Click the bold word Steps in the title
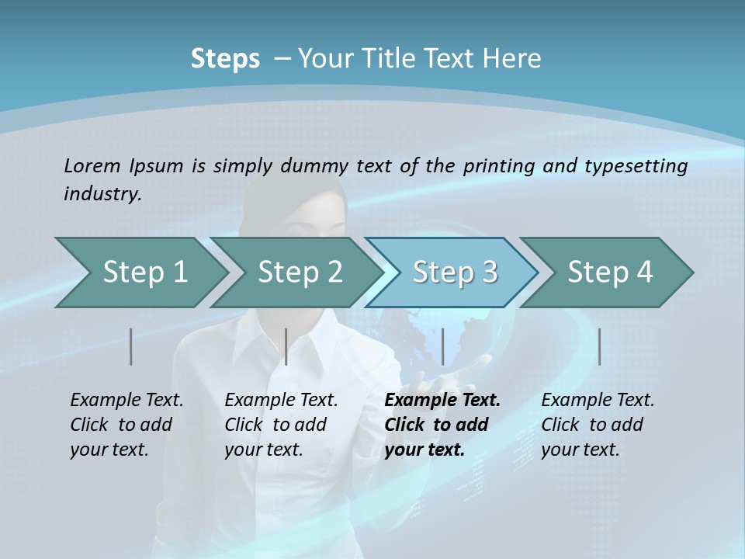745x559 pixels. click(225, 59)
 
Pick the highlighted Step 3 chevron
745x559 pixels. click(455, 273)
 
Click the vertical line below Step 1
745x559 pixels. click(131, 346)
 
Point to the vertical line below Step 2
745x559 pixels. click(286, 346)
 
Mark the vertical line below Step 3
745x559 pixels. click(443, 346)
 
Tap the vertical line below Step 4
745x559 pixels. click(600, 346)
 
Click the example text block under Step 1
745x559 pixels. click(126, 425)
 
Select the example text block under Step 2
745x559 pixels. click(281, 425)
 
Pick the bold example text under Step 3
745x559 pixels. click(442, 425)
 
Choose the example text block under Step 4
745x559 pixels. click(598, 425)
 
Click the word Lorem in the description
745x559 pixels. click(92, 165)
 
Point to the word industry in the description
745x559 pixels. click(102, 194)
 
